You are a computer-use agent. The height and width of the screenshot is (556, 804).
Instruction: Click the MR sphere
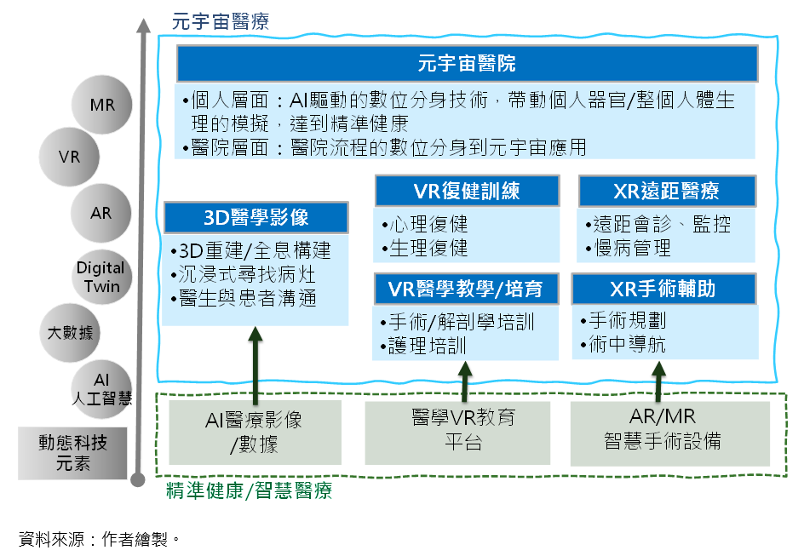click(x=101, y=105)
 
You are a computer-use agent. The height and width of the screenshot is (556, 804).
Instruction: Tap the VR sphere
click(x=69, y=157)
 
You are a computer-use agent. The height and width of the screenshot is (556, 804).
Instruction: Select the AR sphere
click(x=101, y=213)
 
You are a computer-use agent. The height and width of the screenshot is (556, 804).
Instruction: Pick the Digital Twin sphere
click(x=101, y=277)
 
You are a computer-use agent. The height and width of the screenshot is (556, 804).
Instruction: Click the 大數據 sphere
click(x=70, y=333)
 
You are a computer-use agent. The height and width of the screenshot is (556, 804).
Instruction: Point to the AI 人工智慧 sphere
click(x=101, y=389)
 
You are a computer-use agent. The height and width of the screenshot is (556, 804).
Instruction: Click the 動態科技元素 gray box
click(x=72, y=454)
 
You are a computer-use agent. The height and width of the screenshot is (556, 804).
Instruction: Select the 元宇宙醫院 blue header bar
click(x=467, y=64)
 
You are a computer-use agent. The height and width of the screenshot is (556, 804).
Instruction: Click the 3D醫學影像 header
click(x=256, y=218)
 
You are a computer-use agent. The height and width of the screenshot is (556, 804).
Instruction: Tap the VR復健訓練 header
click(x=467, y=191)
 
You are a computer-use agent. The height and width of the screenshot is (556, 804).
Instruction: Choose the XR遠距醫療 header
click(x=667, y=191)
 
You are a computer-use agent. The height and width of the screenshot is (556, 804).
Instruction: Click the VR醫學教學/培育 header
click(x=466, y=289)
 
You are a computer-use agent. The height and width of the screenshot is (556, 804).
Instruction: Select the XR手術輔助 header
click(x=663, y=289)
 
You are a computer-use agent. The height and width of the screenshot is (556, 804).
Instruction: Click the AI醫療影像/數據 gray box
click(x=256, y=433)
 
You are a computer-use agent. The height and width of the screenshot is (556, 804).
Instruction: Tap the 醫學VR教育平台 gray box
click(x=457, y=433)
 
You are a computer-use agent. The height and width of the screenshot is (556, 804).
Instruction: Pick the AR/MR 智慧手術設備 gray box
click(x=670, y=433)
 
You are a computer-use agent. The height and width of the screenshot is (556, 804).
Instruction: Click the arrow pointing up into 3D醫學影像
click(x=255, y=365)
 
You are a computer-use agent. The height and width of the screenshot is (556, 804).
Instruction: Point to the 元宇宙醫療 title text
click(x=221, y=21)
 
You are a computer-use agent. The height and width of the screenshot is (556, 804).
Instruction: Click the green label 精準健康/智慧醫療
click(x=250, y=491)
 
